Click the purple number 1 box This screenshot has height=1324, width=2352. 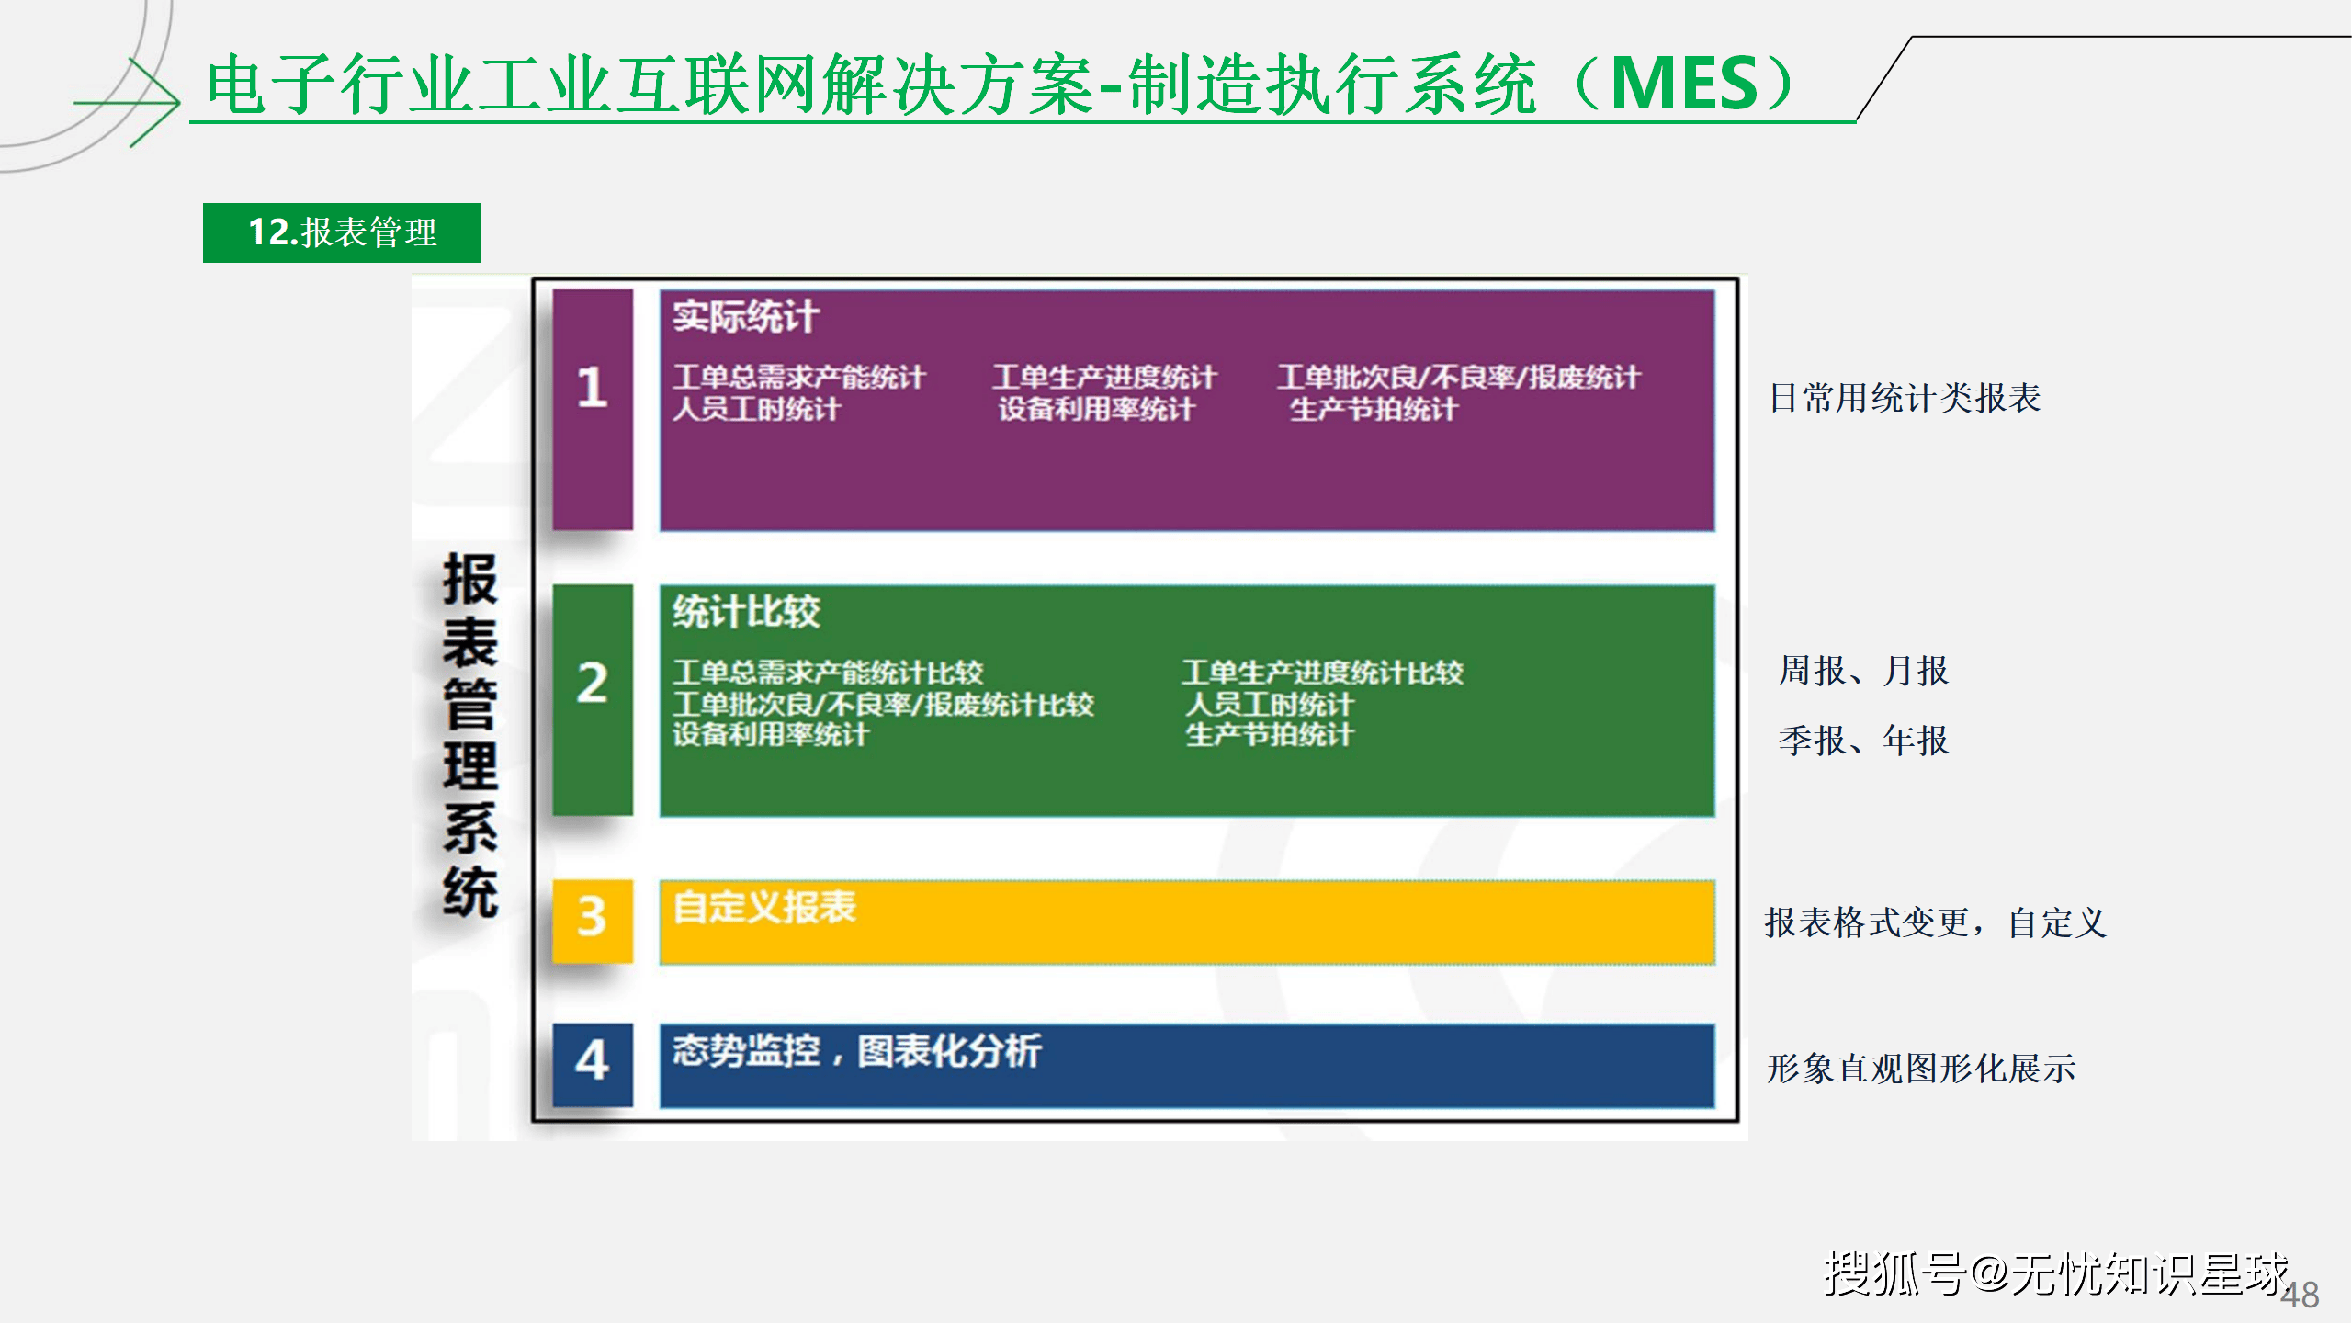[x=593, y=409]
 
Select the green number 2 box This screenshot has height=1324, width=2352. [x=593, y=699]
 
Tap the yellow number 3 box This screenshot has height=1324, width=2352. [x=593, y=920]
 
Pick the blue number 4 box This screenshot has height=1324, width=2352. [x=593, y=1063]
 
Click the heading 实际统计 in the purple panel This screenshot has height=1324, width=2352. [x=745, y=317]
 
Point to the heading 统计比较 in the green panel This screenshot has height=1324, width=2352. [x=746, y=612]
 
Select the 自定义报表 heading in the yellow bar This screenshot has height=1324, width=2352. [x=764, y=908]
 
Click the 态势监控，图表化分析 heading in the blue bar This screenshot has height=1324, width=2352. [x=856, y=1051]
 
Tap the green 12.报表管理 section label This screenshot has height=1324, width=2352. [x=342, y=232]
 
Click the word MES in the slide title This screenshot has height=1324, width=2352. [x=1685, y=85]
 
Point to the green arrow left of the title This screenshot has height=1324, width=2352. [x=129, y=102]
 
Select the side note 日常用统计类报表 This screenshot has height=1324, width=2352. [x=1905, y=398]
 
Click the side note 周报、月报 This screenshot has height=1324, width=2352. [x=1863, y=671]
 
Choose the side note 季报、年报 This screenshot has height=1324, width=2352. [x=1863, y=740]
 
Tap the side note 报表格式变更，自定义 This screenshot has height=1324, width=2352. [x=1935, y=922]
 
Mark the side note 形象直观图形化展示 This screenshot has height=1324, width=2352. [x=1921, y=1069]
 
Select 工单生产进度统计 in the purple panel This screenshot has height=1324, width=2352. [x=1104, y=377]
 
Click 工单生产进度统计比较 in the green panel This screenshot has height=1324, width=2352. [x=1322, y=673]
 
